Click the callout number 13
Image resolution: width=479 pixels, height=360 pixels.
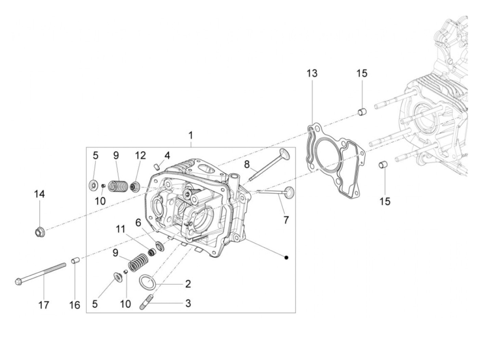[x=312, y=73]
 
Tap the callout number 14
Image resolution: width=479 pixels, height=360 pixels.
[x=39, y=194]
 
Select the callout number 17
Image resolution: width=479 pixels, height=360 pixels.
[x=44, y=305]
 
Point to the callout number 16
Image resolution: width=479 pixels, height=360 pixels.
[x=75, y=305]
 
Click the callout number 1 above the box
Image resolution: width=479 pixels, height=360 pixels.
[x=191, y=136]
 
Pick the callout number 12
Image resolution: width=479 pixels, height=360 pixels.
[x=140, y=155]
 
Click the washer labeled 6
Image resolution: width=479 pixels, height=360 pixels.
[x=159, y=245]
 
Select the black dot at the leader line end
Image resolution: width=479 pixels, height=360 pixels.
[x=287, y=257]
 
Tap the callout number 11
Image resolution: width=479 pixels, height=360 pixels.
[x=120, y=230]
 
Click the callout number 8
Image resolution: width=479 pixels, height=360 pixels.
[x=247, y=165]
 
